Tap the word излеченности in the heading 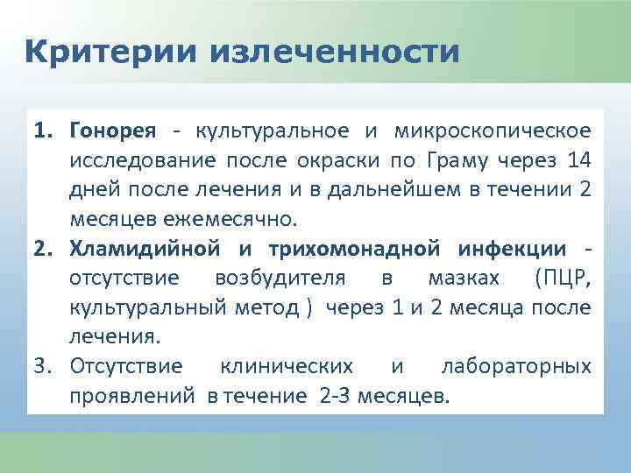334,52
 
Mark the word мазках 464,278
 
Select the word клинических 287,366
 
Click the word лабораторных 516,366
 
